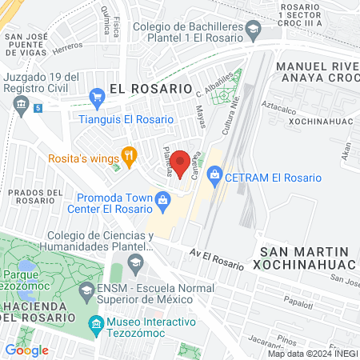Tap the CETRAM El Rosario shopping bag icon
click(x=214, y=174)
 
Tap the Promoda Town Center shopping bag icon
click(x=162, y=198)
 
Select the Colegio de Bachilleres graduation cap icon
click(x=253, y=30)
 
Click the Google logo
click(x=26, y=350)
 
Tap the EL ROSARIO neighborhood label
click(x=151, y=88)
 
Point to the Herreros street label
click(x=66, y=49)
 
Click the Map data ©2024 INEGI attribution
click(x=311, y=354)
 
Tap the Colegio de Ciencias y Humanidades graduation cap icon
click(x=137, y=262)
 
